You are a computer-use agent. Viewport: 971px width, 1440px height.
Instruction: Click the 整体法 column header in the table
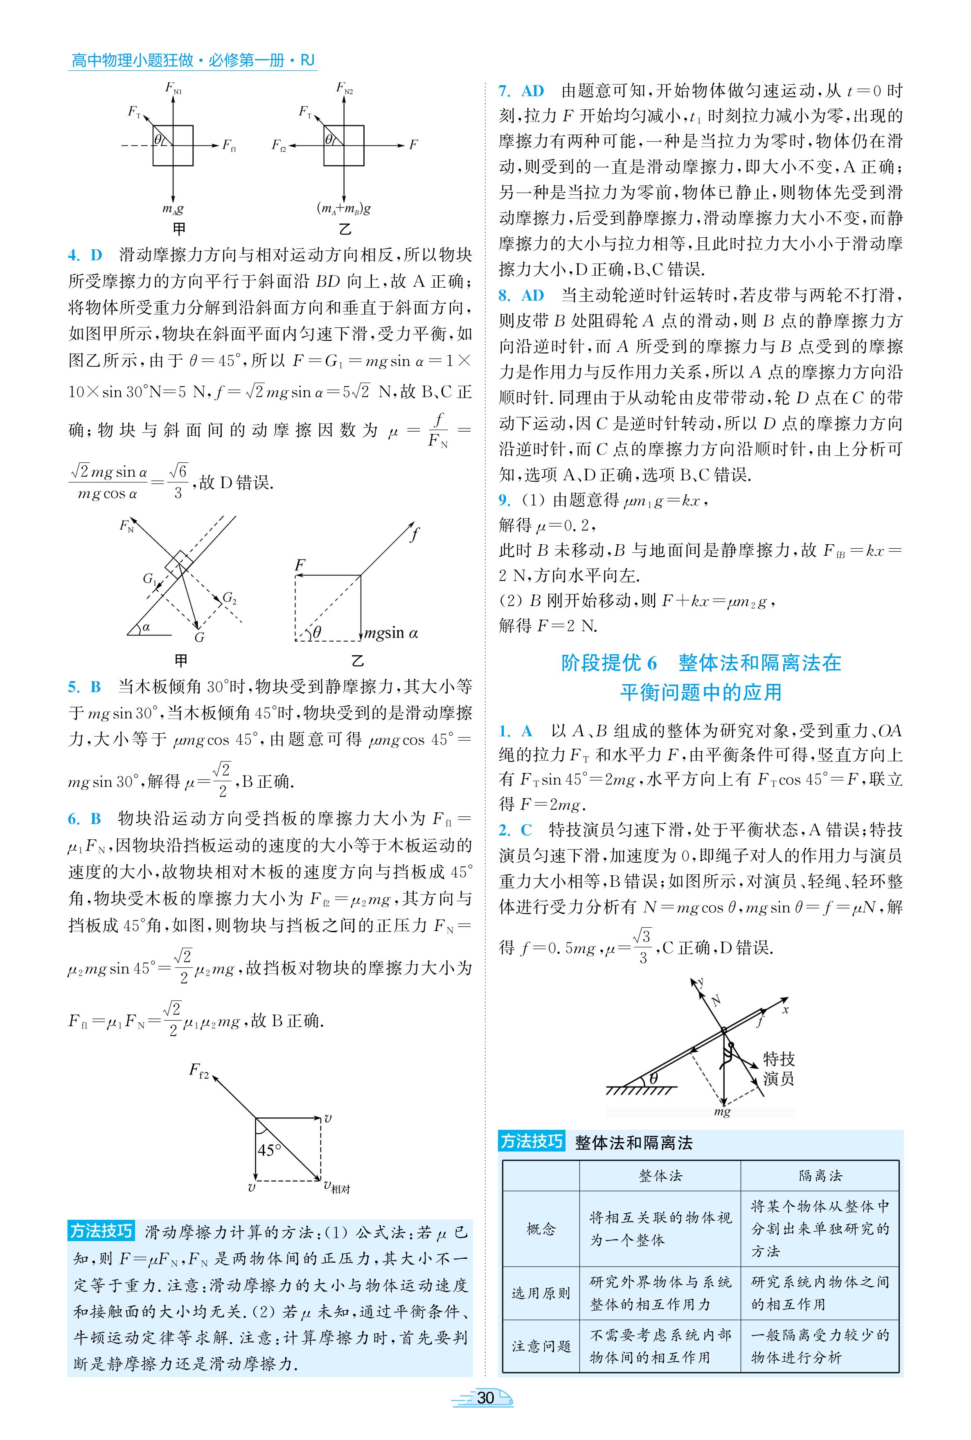pyautogui.click(x=660, y=1176)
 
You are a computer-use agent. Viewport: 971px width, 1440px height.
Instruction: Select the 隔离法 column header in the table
pyautogui.click(x=820, y=1176)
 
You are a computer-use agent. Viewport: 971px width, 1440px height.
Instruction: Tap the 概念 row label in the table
pyautogui.click(x=541, y=1229)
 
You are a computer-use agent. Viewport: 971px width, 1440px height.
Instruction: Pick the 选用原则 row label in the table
pyautogui.click(x=541, y=1293)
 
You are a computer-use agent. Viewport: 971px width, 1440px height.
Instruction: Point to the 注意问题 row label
pyautogui.click(x=541, y=1346)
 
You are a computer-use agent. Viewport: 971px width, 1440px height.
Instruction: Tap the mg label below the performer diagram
pyautogui.click(x=722, y=1112)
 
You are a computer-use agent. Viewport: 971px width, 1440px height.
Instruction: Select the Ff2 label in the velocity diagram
pyautogui.click(x=199, y=1070)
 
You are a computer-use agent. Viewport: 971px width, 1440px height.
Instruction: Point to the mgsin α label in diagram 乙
pyautogui.click(x=391, y=633)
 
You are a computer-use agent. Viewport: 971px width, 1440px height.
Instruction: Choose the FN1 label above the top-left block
pyautogui.click(x=173, y=88)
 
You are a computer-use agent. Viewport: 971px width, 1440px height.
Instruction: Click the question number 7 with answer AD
pyautogui.click(x=521, y=91)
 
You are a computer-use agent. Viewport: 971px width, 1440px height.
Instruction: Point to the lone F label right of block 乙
pyautogui.click(x=413, y=145)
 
